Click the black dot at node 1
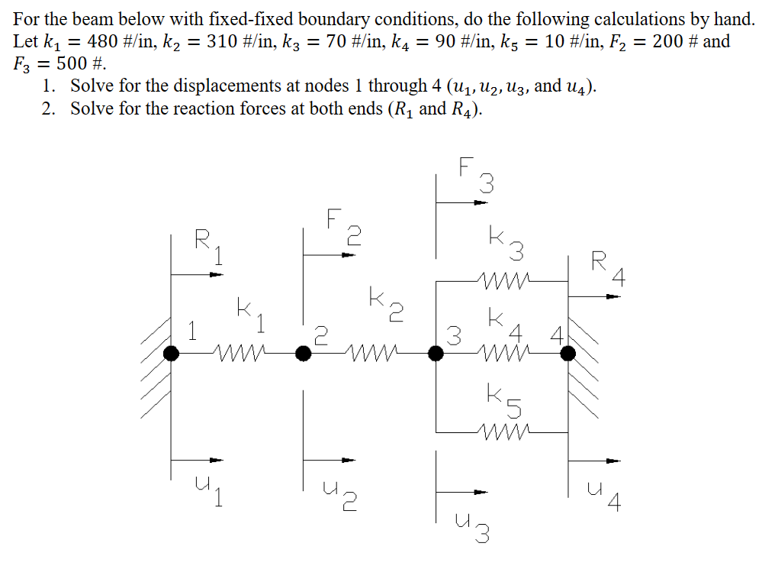[172, 353]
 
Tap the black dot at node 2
[304, 353]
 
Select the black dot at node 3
[436, 353]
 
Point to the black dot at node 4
[567, 353]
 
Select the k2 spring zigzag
[370, 353]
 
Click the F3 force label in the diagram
[477, 174]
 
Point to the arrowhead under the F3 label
[478, 203]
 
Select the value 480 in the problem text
[103, 41]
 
